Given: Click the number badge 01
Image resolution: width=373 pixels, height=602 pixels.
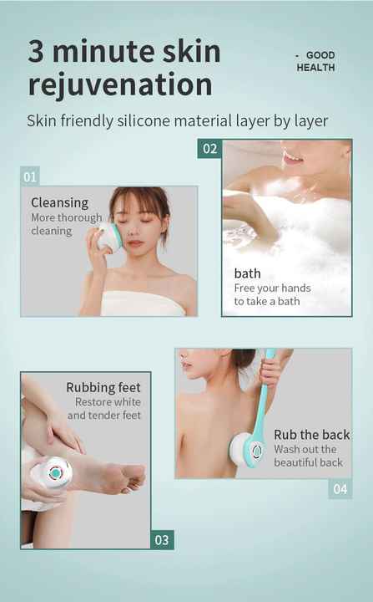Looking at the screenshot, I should [x=30, y=176].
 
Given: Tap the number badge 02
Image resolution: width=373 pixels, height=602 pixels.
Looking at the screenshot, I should [x=209, y=149].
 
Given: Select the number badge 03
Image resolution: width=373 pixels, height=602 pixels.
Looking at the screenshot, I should [x=162, y=539].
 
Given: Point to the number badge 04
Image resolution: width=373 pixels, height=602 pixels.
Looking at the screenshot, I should [x=340, y=488].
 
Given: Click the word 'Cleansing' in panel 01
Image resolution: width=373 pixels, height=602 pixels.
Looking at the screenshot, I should [x=59, y=202].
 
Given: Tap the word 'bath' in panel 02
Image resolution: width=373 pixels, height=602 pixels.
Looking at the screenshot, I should [x=247, y=273].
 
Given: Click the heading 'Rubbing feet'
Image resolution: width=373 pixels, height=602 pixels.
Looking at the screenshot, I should [x=103, y=387].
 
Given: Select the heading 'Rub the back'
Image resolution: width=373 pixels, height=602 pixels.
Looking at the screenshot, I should [x=311, y=434].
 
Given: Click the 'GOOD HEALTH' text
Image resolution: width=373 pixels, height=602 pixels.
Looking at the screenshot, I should [x=315, y=61].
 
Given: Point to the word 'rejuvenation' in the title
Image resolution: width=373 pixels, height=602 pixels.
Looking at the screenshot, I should [x=120, y=84].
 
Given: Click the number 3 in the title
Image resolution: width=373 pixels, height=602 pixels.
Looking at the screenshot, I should [x=37, y=52].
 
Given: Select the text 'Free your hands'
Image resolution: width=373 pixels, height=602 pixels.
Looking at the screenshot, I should [x=272, y=288].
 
